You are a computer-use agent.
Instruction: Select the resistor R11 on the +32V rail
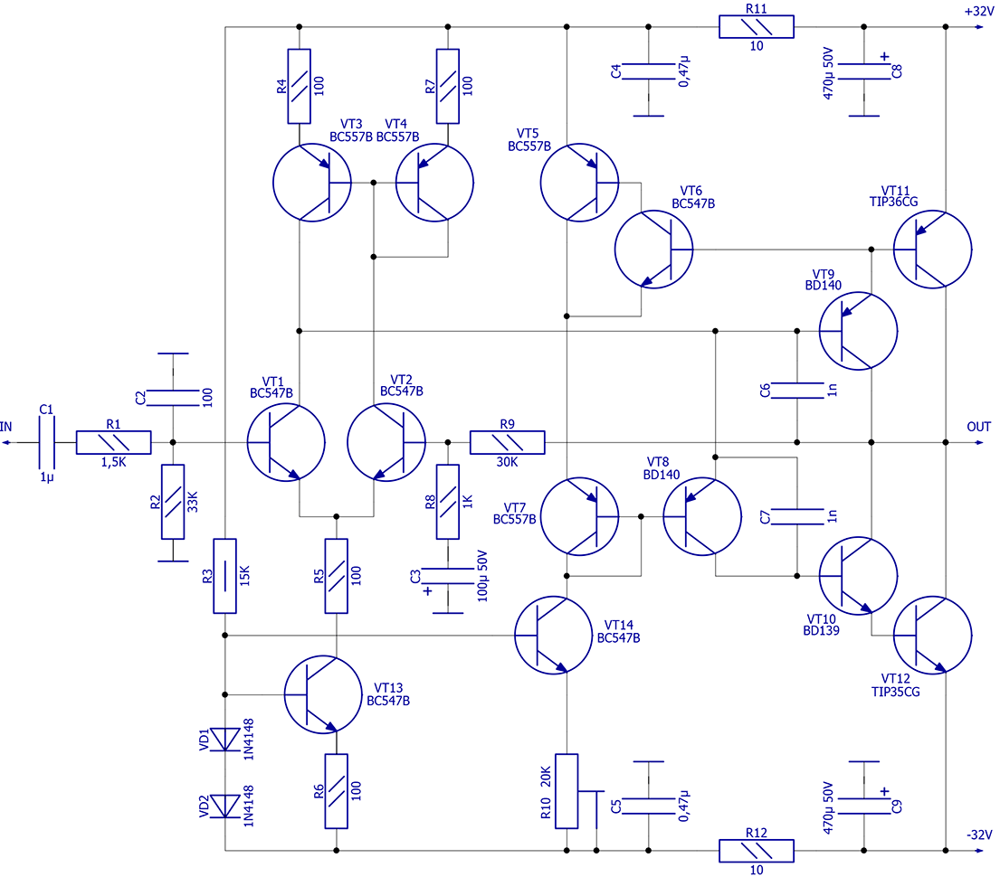[756, 27]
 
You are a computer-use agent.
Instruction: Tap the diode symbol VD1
[224, 740]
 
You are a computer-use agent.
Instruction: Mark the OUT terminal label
[978, 427]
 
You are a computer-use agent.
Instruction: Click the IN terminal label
[7, 427]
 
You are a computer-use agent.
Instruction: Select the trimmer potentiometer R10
[567, 791]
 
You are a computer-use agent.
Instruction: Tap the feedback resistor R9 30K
[508, 442]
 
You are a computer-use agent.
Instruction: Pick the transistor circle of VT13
[323, 694]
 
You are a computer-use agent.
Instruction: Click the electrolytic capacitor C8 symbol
[864, 71]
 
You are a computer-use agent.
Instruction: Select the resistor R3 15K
[224, 576]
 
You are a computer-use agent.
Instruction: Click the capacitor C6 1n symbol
[796, 391]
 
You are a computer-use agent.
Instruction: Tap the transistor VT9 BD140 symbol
[857, 331]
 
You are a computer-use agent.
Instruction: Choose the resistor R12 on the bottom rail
[756, 851]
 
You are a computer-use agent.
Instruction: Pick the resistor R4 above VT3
[300, 86]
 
